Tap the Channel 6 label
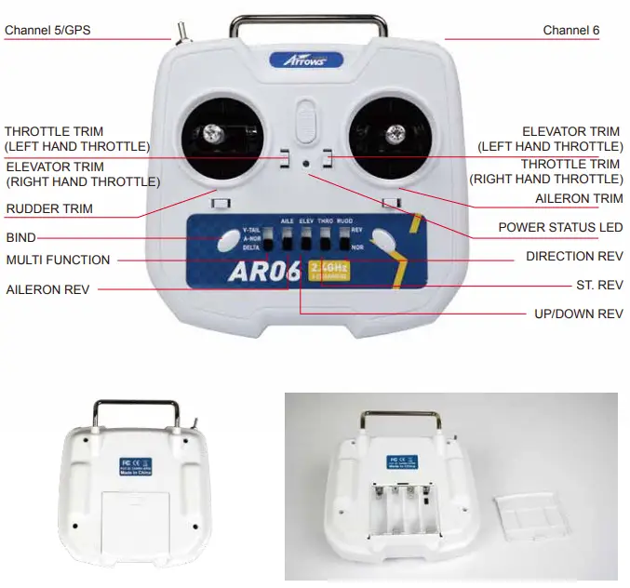(x=571, y=31)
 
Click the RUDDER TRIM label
(x=49, y=209)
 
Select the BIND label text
(x=20, y=238)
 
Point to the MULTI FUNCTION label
(x=58, y=261)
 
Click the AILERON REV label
(x=47, y=289)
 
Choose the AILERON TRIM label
(x=579, y=199)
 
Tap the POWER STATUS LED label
(x=560, y=227)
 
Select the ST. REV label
(x=599, y=284)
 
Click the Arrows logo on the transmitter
(x=306, y=60)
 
